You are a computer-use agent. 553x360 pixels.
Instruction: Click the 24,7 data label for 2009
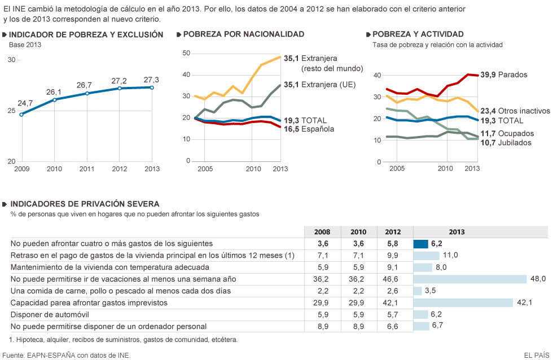tap(25, 103)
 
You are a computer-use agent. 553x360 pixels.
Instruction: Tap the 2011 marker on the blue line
tap(87, 93)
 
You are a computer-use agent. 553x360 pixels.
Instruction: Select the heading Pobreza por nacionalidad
tap(244, 34)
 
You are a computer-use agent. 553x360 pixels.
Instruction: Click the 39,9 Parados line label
tap(503, 74)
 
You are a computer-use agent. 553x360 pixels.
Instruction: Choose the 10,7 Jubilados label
tap(506, 143)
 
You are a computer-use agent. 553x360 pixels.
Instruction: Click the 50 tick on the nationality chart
tap(187, 53)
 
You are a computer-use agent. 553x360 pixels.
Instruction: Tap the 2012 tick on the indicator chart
tap(120, 169)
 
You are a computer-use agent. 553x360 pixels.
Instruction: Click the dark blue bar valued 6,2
tap(421, 244)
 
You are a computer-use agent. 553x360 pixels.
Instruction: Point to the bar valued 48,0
tap(471, 279)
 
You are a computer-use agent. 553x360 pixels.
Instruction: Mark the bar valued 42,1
tap(463, 302)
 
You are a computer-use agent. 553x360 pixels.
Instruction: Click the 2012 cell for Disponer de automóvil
tap(393, 314)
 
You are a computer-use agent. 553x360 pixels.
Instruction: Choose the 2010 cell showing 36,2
tap(357, 279)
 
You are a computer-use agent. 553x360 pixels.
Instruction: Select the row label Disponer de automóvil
tap(50, 314)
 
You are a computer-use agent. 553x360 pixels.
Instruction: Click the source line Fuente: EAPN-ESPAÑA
tap(67, 355)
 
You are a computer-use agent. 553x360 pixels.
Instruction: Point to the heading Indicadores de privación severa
tap(85, 204)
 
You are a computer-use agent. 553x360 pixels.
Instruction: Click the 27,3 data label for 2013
tap(151, 80)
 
